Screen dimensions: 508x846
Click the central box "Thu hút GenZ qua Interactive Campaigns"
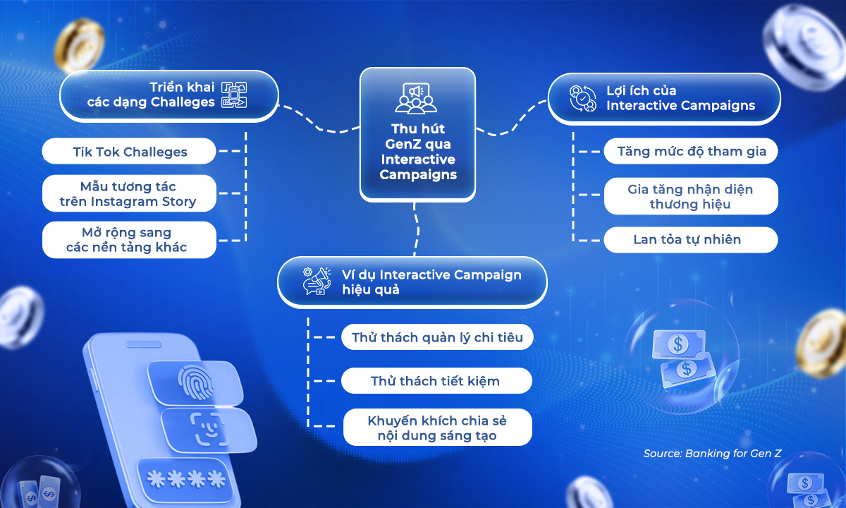point(417,134)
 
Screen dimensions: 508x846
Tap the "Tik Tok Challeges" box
point(130,152)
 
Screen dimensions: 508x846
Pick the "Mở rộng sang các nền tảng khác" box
point(128,240)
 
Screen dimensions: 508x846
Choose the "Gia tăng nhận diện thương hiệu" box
point(690,197)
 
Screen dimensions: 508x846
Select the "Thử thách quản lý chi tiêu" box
point(437,337)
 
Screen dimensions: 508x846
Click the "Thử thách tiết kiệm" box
point(435,381)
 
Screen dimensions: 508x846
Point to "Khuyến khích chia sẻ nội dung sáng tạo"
point(437,428)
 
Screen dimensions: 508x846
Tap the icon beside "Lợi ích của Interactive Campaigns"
point(584,99)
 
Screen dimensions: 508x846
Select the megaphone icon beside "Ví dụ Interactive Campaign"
point(316,281)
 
